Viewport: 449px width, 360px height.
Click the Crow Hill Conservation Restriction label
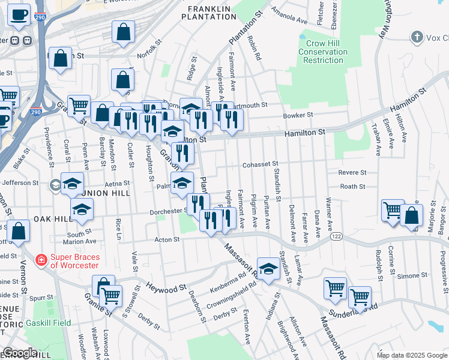click(x=324, y=52)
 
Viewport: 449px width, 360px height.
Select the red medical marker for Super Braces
click(x=41, y=260)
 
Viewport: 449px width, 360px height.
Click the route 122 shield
click(x=335, y=238)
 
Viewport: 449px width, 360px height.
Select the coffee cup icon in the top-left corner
click(x=19, y=14)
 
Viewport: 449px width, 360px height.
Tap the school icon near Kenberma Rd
click(x=268, y=268)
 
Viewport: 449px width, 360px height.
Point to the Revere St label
click(x=352, y=172)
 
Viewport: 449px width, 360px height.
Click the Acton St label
click(x=167, y=239)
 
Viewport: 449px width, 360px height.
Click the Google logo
click(x=20, y=353)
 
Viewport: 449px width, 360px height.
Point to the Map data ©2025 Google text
click(x=411, y=355)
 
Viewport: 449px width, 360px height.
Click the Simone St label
click(x=411, y=275)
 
